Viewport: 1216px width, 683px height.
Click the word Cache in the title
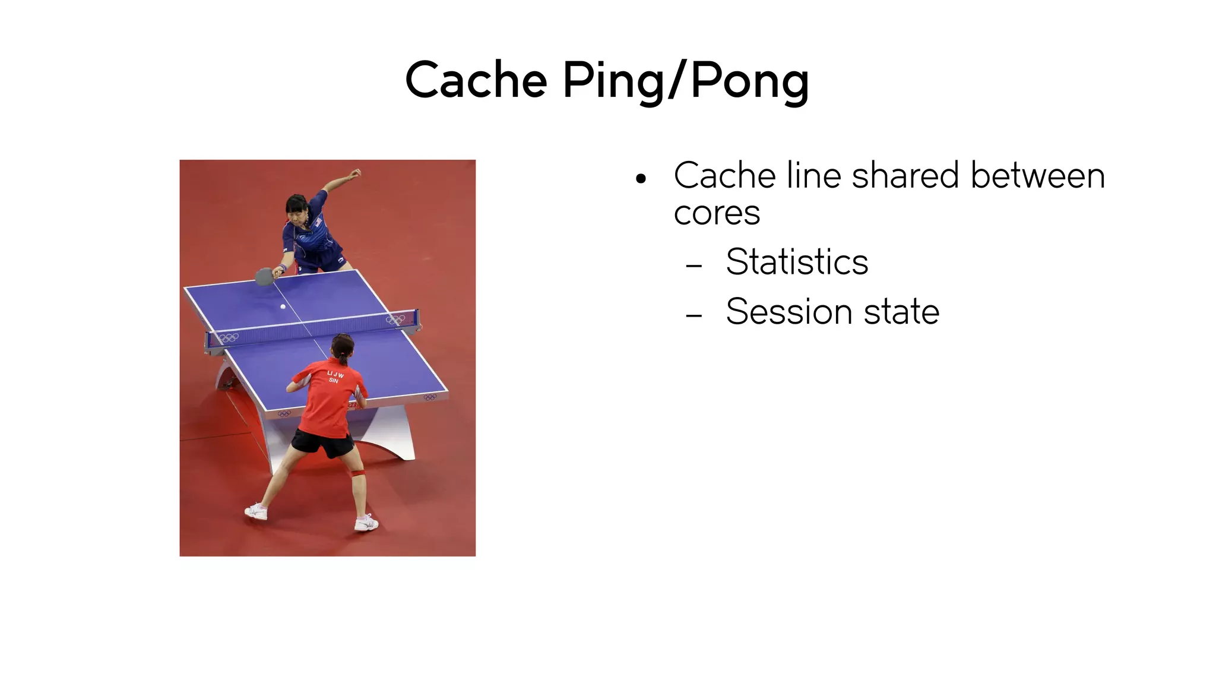point(476,80)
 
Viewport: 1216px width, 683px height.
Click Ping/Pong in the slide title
point(685,81)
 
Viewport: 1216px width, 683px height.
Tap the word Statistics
point(797,262)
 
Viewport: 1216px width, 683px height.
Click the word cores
point(717,213)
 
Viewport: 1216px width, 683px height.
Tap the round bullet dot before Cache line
point(640,178)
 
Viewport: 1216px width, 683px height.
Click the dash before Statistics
point(693,265)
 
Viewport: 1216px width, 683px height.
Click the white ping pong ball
point(283,306)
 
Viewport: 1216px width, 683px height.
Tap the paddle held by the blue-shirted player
point(264,277)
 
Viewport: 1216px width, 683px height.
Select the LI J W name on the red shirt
point(335,375)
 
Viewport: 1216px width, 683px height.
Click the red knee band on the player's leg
point(357,473)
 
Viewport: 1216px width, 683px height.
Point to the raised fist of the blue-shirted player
point(355,173)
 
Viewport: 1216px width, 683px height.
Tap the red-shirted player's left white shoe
point(256,511)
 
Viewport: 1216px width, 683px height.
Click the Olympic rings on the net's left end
point(227,337)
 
